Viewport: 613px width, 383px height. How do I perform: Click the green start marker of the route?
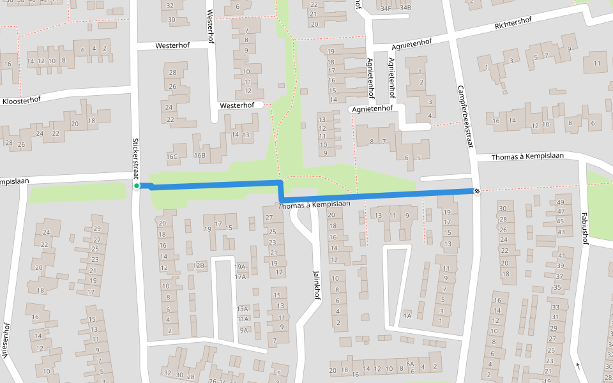tap(137, 186)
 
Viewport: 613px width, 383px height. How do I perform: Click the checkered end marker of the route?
tap(477, 191)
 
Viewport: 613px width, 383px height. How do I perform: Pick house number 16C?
tap(172, 156)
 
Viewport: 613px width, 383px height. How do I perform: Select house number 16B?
tap(201, 155)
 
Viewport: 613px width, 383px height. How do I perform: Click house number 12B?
tap(199, 266)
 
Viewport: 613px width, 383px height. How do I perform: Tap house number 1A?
tap(407, 315)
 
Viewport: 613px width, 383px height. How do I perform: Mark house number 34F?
tap(386, 8)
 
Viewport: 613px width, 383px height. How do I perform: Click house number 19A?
tap(240, 267)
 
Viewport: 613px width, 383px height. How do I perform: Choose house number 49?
tap(561, 202)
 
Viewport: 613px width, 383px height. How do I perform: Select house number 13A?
tap(243, 308)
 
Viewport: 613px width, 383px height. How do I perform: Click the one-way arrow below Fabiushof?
tap(578, 366)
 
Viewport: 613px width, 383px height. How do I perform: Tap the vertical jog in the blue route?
tap(280, 191)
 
